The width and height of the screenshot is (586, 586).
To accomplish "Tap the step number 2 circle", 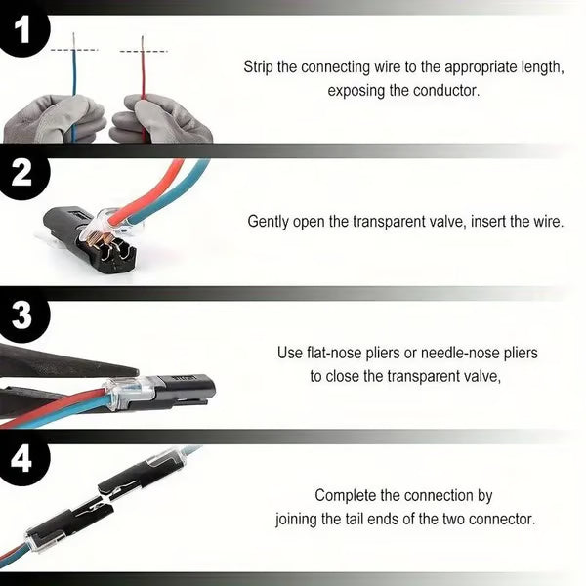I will pos(21,174).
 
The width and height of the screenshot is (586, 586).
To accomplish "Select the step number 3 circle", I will pos(21,318).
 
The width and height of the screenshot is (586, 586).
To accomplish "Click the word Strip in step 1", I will pos(260,67).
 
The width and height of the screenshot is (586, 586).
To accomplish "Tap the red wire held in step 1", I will pos(144,83).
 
